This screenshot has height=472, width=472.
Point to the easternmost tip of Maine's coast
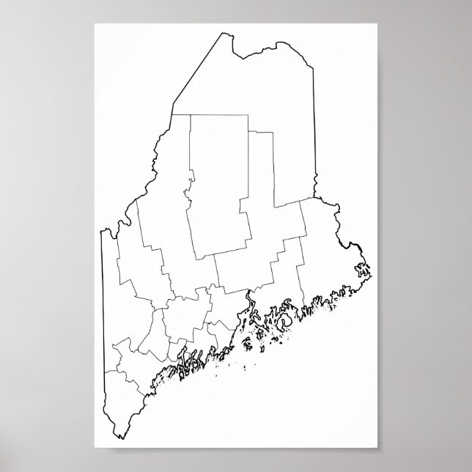pos(371,276)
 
